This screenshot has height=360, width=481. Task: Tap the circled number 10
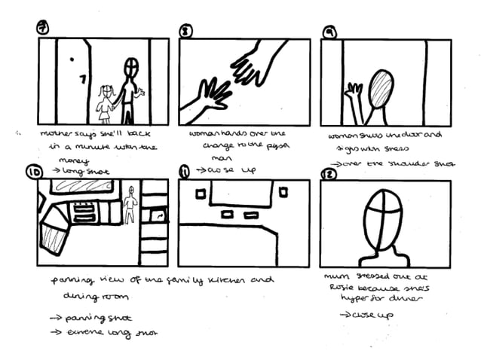(33, 172)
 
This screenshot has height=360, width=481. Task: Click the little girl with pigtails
(106, 104)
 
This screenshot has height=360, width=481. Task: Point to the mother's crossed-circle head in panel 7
(132, 69)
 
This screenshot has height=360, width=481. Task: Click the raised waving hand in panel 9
(351, 94)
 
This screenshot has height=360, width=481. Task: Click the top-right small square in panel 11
(283, 193)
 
